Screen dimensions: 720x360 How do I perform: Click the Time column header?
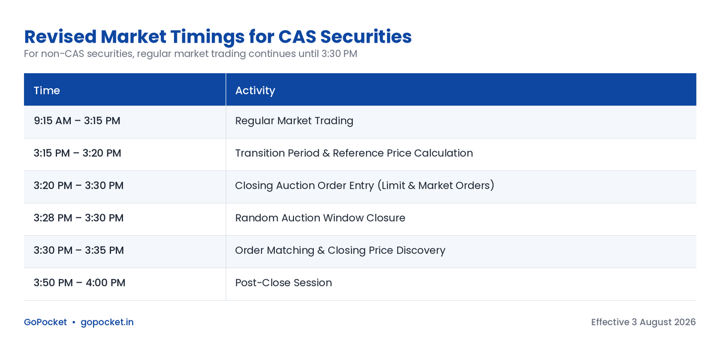(47, 91)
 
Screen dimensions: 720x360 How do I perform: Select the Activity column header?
(255, 91)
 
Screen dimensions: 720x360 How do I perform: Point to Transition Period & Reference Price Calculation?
(354, 153)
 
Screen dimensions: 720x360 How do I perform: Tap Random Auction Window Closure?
(320, 218)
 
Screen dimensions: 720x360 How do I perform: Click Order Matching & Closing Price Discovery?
(340, 250)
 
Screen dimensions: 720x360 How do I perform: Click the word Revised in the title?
(61, 37)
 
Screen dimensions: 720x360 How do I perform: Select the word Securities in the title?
(366, 37)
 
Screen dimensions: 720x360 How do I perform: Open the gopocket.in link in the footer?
(107, 322)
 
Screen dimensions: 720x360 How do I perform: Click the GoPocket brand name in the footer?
(46, 322)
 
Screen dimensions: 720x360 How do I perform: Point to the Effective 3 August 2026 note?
(643, 322)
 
